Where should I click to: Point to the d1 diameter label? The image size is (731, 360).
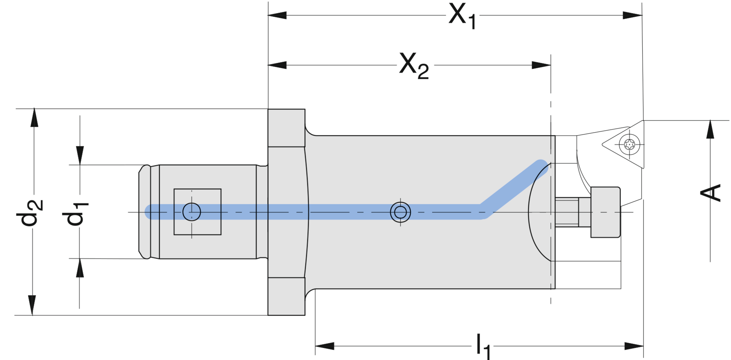tap(75, 213)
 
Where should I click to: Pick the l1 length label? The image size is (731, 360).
tap(483, 346)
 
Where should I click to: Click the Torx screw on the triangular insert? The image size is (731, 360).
tap(629, 144)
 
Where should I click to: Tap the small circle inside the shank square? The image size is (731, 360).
tap(192, 212)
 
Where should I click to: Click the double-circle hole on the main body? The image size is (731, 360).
tap(400, 212)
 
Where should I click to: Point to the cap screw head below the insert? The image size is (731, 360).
tap(605, 212)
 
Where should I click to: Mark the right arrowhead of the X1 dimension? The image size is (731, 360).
tap(633, 16)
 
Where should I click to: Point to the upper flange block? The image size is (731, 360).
tap(286, 128)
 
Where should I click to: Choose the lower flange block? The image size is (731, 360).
tap(286, 296)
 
